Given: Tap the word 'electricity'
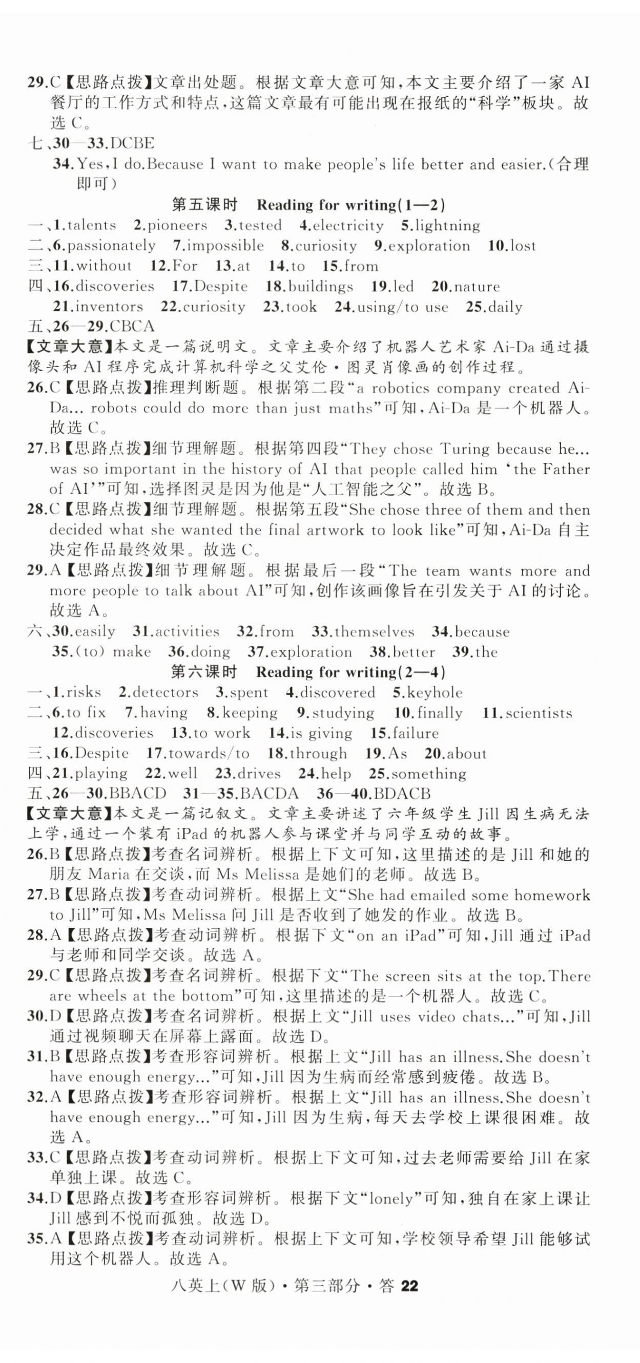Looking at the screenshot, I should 348,225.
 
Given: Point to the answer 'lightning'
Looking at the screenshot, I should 447,225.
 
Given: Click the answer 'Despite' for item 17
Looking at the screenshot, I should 221,286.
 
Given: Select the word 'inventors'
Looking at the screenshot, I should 109,306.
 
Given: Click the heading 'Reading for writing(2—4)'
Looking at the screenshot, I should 350,672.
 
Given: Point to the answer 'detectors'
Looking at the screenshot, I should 165,692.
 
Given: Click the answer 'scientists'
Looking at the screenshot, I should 539,713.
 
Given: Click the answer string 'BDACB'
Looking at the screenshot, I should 402,794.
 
